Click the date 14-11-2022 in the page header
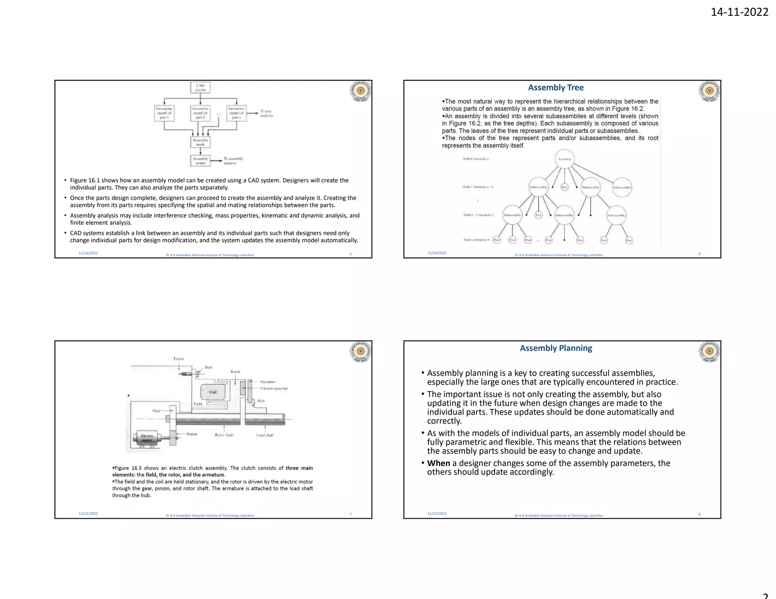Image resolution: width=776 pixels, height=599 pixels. click(x=739, y=12)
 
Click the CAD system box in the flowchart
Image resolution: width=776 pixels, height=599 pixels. click(x=200, y=87)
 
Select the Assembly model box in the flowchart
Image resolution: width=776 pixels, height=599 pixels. click(x=200, y=161)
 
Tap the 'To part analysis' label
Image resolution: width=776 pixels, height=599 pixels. click(x=266, y=113)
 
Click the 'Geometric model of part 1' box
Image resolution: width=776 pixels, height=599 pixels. click(x=164, y=113)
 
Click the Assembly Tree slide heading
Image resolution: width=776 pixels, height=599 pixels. click(x=555, y=87)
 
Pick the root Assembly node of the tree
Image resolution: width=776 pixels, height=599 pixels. click(x=565, y=159)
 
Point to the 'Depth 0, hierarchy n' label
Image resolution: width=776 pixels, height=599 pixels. click(x=476, y=159)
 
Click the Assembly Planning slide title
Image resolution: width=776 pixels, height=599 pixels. click(x=555, y=348)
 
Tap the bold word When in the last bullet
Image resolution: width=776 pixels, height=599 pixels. click(x=438, y=463)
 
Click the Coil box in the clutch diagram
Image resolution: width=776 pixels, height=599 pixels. click(x=213, y=392)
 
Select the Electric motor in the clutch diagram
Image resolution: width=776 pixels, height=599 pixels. click(x=147, y=438)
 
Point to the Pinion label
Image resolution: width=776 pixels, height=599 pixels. click(x=192, y=434)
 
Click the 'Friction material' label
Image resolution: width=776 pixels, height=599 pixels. click(x=274, y=388)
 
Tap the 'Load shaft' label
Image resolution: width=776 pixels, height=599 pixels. click(x=264, y=435)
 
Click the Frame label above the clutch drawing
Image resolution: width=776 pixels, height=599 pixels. click(x=179, y=359)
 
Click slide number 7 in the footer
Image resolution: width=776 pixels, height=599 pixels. click(x=350, y=514)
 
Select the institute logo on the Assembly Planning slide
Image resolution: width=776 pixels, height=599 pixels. click(x=709, y=351)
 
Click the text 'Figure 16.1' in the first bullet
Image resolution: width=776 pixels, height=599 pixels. click(x=85, y=180)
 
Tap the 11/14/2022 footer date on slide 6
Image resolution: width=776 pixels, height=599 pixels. click(x=437, y=253)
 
